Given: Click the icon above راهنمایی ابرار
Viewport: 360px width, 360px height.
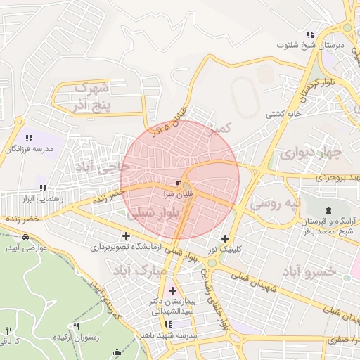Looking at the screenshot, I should (x=43, y=188).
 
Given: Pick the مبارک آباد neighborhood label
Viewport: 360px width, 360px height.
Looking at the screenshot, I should (x=139, y=269).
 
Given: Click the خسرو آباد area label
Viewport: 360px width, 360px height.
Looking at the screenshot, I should (x=309, y=271).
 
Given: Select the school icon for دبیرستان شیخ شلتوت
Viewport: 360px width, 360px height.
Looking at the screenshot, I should (x=309, y=34).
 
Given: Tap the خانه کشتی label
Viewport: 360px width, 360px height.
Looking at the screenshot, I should (x=283, y=113).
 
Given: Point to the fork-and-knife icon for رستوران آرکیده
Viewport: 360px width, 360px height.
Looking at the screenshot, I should (x=76, y=327).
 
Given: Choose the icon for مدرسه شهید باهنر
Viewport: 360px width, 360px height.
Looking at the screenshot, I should (x=168, y=324).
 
